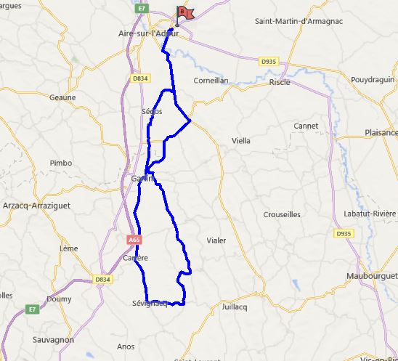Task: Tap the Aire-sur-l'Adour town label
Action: point(148,33)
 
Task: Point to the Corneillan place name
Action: point(211,81)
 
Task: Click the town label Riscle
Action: point(279,82)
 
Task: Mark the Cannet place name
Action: point(306,126)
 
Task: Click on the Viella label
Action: point(240,140)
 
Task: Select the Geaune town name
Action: point(62,97)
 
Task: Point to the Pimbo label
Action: point(60,163)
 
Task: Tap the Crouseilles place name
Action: point(282,214)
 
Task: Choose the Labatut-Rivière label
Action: point(366,213)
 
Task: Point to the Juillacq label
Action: point(235,307)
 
